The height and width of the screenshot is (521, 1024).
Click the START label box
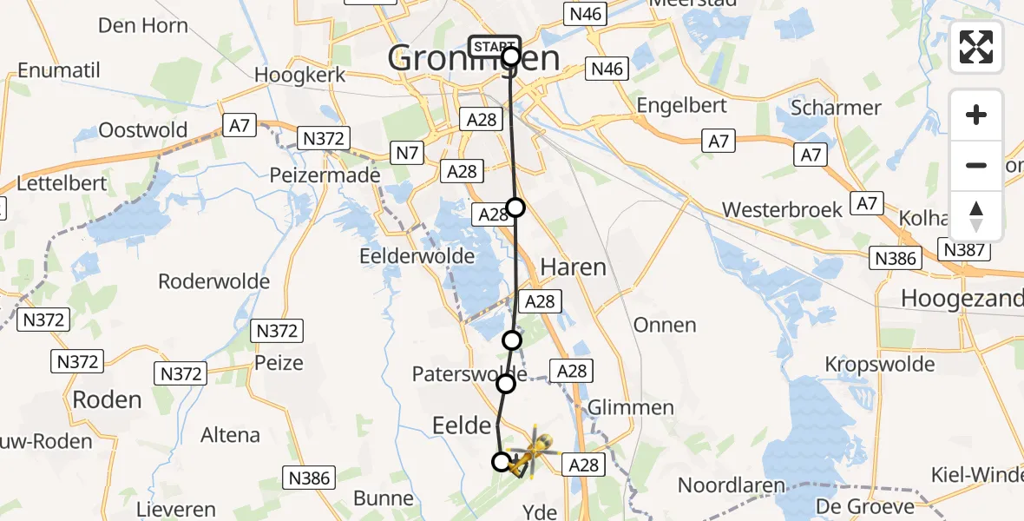point(495,45)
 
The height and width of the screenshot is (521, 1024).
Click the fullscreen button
point(976,47)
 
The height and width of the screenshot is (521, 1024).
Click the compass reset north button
point(976,216)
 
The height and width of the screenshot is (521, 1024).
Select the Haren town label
point(573,267)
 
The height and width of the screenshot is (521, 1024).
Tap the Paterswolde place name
point(469,374)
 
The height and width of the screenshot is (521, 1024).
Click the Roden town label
point(107,400)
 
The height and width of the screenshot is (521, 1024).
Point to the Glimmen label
point(630,407)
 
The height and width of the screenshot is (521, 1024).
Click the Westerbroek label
point(782,210)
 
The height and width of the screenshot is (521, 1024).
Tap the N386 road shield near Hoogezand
point(896,258)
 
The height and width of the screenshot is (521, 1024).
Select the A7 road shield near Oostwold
point(240,126)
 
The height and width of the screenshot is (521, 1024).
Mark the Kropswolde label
point(880,364)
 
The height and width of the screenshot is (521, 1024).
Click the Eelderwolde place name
point(417,256)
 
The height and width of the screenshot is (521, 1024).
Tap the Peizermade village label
point(326,175)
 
